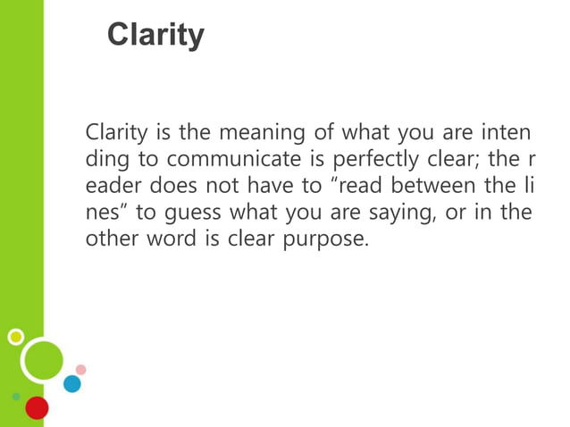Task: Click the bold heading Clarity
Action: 155,35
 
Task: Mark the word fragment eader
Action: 110,188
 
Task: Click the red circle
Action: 37,408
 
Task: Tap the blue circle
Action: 71,383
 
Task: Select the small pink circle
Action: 80,369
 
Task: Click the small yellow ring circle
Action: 15,337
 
